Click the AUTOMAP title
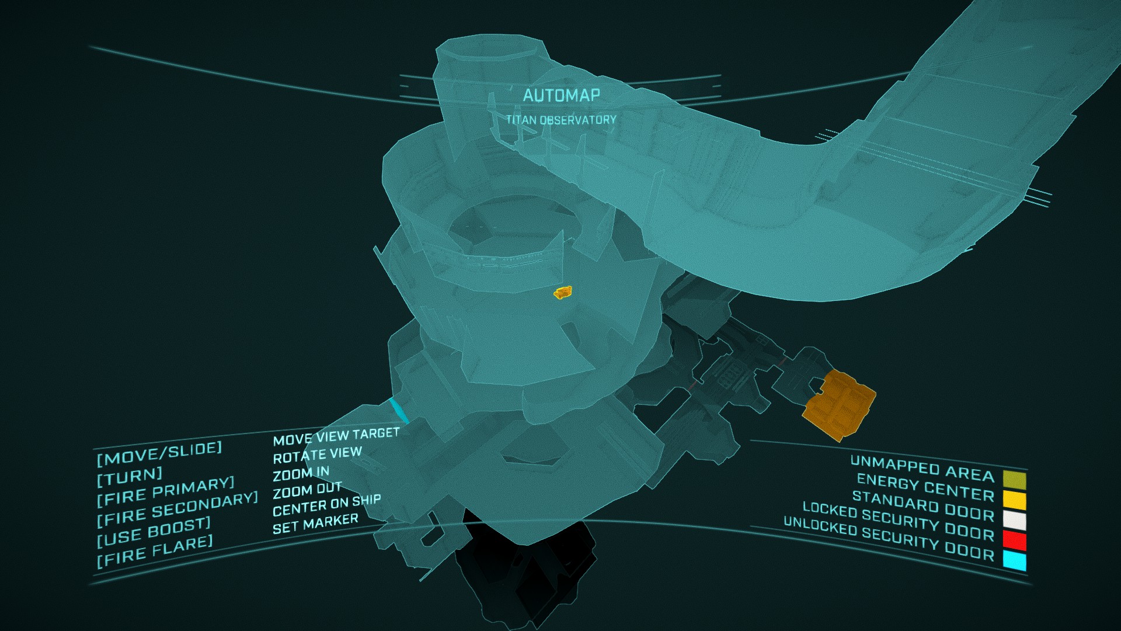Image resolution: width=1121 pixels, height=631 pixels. point(561,95)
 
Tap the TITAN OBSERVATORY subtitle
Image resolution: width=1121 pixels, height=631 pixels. point(561,120)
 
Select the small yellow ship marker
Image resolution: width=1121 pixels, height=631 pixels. point(563,292)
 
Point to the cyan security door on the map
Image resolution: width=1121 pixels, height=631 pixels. point(399,411)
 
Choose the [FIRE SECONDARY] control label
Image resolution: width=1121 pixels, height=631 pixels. point(177,508)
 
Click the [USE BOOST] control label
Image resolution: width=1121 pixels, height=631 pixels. point(154,531)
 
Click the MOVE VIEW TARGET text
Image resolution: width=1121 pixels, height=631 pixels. point(336,436)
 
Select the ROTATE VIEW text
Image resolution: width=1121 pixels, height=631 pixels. point(317,455)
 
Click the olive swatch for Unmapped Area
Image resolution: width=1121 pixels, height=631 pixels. point(1014,480)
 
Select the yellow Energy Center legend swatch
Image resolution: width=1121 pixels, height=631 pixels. point(1014,500)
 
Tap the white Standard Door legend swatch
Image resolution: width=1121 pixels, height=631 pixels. point(1014,520)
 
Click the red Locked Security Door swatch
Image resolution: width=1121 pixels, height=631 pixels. point(1014,540)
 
